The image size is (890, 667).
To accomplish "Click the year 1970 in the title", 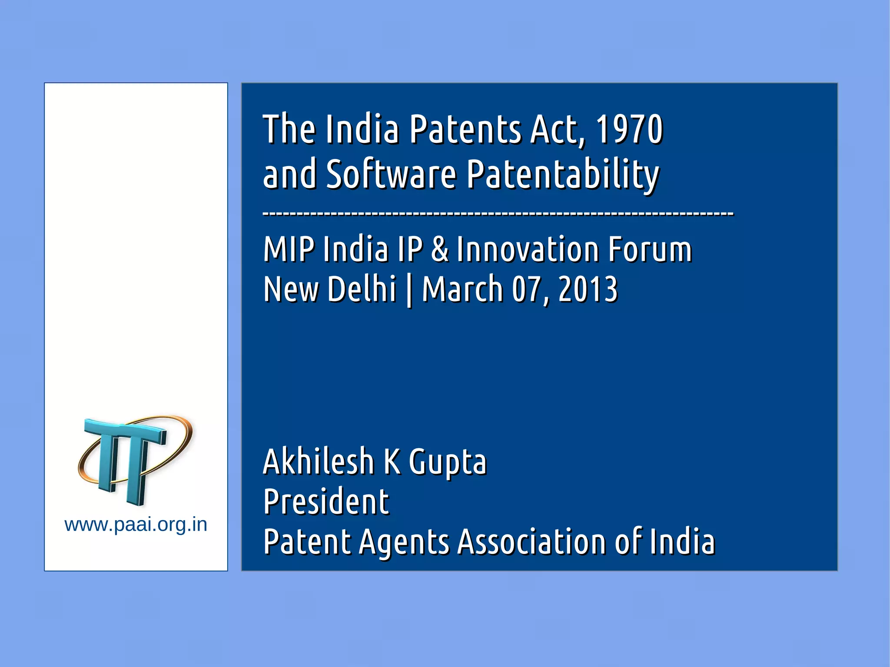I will pyautogui.click(x=629, y=129).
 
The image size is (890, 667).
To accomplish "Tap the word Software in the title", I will pyautogui.click(x=391, y=174).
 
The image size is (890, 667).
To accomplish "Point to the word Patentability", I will pyautogui.click(x=563, y=174).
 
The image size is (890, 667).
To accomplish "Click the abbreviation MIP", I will pyautogui.click(x=289, y=249).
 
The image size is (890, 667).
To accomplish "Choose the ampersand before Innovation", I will pyautogui.click(x=440, y=249).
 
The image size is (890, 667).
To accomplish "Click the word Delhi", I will pyautogui.click(x=362, y=289).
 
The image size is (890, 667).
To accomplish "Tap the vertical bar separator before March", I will pyautogui.click(x=409, y=290).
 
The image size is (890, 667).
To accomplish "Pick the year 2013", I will pyautogui.click(x=588, y=289).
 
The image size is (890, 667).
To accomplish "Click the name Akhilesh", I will pyautogui.click(x=319, y=461).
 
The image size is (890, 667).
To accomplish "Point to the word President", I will pyautogui.click(x=326, y=501).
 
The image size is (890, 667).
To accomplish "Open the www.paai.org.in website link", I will pyautogui.click(x=136, y=525).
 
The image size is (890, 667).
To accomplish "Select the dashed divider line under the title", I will pyautogui.click(x=498, y=214).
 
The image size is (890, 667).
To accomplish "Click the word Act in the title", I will pyautogui.click(x=558, y=129).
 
